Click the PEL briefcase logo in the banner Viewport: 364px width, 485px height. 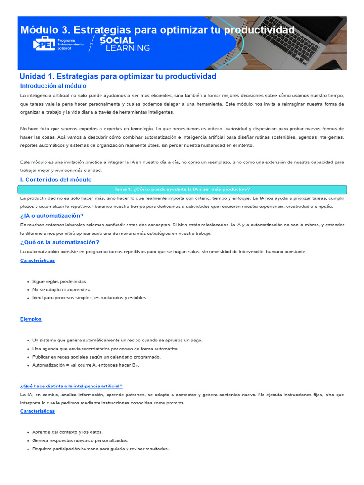pyautogui.click(x=44, y=44)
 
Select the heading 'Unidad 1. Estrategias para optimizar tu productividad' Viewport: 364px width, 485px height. pyautogui.click(x=118, y=76)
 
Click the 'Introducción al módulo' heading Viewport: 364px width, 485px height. pyautogui.click(x=53, y=86)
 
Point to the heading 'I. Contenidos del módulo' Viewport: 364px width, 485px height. pyautogui.click(x=56, y=180)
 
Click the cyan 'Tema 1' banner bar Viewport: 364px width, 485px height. pyautogui.click(x=182, y=189)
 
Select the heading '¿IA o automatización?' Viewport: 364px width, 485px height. pyautogui.click(x=52, y=216)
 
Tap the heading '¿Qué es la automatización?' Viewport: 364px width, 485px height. pyautogui.click(x=60, y=242)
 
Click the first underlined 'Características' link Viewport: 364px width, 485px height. pyautogui.click(x=37, y=260)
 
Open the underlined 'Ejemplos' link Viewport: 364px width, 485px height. pyautogui.click(x=31, y=319)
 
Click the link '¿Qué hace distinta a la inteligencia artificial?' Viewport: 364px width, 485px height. pyautogui.click(x=71, y=386)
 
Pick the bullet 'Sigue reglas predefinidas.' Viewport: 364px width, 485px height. pyautogui.click(x=60, y=281)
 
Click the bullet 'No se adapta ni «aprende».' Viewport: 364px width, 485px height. pyautogui.click(x=62, y=289)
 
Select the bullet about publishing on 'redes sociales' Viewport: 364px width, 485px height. pyautogui.click(x=96, y=357)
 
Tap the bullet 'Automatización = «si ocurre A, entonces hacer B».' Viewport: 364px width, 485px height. pyautogui.click(x=86, y=365)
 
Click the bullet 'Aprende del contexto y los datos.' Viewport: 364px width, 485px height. pyautogui.click(x=67, y=432)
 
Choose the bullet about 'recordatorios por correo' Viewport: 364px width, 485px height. pyautogui.click(x=106, y=349)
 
